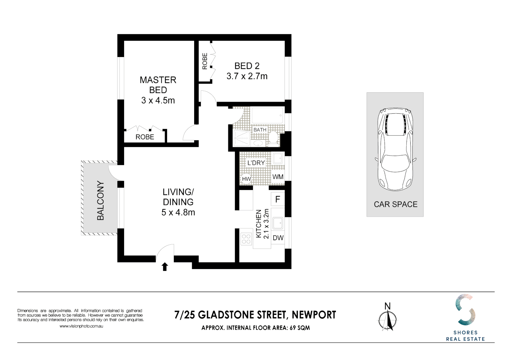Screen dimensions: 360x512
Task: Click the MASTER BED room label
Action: click(158, 85)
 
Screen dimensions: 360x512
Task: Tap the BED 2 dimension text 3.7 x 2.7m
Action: click(247, 76)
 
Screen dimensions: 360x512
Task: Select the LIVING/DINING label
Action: click(178, 197)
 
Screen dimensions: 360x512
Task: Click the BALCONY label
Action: click(100, 200)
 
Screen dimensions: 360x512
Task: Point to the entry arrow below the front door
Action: click(165, 267)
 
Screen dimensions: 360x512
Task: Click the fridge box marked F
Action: click(278, 200)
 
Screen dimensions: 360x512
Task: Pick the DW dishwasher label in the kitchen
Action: click(278, 238)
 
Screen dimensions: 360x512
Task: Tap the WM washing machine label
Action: click(278, 177)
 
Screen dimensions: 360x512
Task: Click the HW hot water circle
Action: click(246, 179)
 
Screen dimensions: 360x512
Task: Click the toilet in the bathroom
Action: click(273, 138)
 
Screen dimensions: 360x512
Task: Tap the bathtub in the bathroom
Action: click(267, 116)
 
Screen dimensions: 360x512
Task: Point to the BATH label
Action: click(260, 130)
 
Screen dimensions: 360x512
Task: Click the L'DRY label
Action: click(256, 163)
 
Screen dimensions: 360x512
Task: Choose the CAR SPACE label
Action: click(396, 204)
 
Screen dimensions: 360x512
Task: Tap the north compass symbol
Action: click(388, 319)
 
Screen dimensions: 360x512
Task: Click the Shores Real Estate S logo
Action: click(465, 310)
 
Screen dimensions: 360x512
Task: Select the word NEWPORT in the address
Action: click(314, 315)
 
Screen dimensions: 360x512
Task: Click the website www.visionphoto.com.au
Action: click(81, 326)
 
